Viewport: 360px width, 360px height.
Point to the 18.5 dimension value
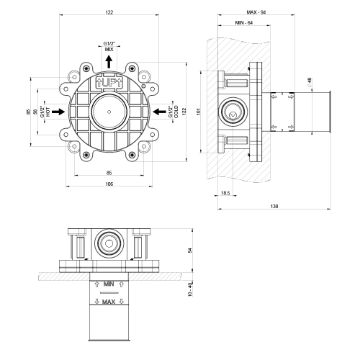[x=225, y=193]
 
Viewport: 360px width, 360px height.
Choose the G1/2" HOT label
[x=45, y=112]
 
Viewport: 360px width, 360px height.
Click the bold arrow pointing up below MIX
[x=107, y=62]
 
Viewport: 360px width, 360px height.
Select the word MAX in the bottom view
[x=109, y=302]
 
